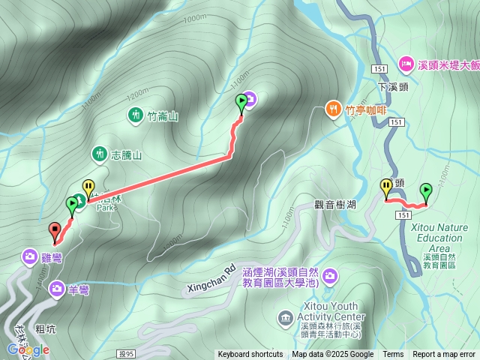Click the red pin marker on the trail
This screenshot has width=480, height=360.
(54, 230)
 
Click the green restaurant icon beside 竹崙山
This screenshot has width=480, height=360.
(135, 115)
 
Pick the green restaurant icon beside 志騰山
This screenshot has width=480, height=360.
(99, 154)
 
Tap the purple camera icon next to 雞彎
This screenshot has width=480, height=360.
(29, 256)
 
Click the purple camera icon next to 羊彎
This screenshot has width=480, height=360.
(57, 288)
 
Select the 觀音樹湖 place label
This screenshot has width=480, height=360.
(335, 204)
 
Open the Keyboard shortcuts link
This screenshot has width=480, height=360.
(250, 355)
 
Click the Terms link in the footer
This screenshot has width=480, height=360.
(393, 355)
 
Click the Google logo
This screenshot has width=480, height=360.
(28, 350)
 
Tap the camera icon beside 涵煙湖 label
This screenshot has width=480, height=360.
(331, 277)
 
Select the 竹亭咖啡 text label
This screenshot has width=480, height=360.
(366, 110)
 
